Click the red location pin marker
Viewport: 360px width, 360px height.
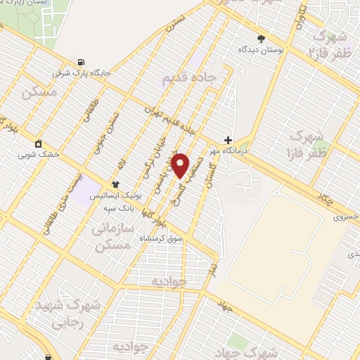[181, 165]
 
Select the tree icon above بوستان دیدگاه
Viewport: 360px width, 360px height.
[261, 39]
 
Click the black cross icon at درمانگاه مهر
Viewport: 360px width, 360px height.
[227, 140]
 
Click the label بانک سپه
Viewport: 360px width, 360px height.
[119, 189]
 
